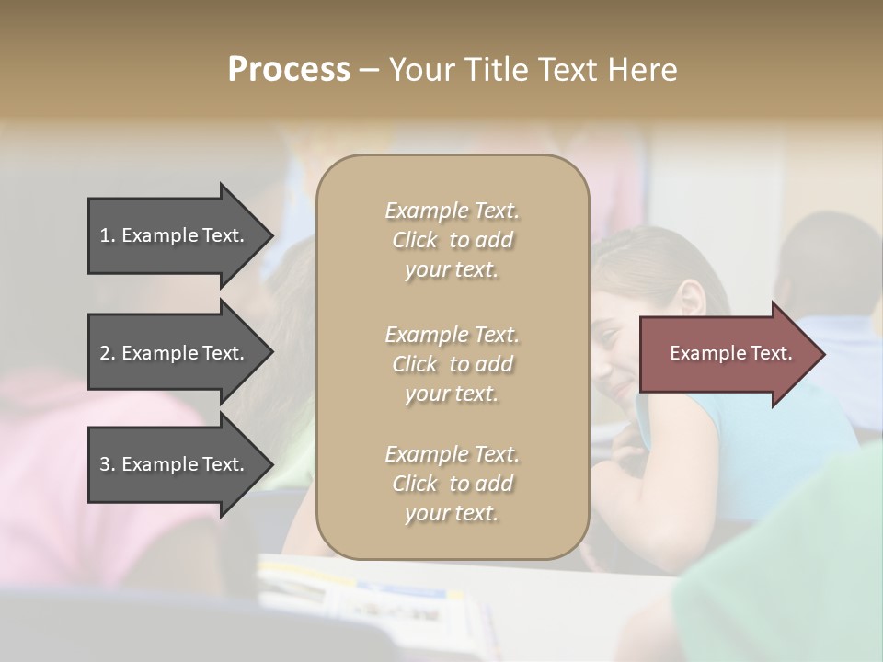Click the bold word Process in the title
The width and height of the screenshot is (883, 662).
pyautogui.click(x=289, y=70)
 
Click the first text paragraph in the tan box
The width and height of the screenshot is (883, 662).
pyautogui.click(x=452, y=240)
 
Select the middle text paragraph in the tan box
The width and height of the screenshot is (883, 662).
pyautogui.click(x=452, y=364)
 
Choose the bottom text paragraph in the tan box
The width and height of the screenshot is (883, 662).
pyautogui.click(x=452, y=484)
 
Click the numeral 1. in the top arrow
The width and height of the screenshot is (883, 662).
pyautogui.click(x=108, y=235)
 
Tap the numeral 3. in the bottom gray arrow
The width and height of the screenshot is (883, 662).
pyautogui.click(x=108, y=464)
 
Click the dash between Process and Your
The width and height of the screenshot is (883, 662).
pyautogui.click(x=370, y=70)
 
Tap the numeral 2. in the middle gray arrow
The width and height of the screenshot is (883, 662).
pyautogui.click(x=108, y=353)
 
